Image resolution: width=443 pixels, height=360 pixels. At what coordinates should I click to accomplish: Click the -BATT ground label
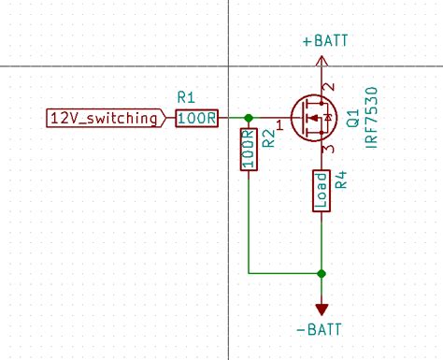pyautogui.click(x=320, y=330)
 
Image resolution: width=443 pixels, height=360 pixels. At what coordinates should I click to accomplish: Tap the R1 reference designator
pyautogui.click(x=185, y=97)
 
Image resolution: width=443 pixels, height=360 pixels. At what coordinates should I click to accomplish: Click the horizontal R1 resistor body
pyautogui.click(x=197, y=118)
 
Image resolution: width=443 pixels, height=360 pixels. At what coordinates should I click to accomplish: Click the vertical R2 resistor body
pyautogui.click(x=248, y=151)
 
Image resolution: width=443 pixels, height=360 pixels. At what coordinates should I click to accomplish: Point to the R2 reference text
pyautogui.click(x=267, y=140)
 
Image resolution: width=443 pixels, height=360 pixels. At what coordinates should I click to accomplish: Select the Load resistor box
pyautogui.click(x=322, y=191)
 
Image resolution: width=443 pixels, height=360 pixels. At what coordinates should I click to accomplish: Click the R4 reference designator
pyautogui.click(x=341, y=179)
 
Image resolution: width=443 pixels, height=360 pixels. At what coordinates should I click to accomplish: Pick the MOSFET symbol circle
pyautogui.click(x=312, y=118)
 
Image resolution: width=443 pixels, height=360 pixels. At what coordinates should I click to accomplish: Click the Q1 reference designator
pyautogui.click(x=353, y=118)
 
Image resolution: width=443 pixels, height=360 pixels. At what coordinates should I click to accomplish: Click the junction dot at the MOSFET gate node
pyautogui.click(x=248, y=118)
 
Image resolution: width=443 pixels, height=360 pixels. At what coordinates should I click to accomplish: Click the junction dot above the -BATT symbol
pyautogui.click(x=322, y=274)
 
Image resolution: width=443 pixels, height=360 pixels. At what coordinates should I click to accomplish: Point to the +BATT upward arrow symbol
pyautogui.click(x=322, y=62)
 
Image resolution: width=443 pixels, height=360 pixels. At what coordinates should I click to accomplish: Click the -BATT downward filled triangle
pyautogui.click(x=322, y=309)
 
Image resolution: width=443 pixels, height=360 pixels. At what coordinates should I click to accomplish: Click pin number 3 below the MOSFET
pyautogui.click(x=328, y=150)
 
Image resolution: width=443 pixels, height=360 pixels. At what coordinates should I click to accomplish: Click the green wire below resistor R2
pyautogui.click(x=248, y=224)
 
